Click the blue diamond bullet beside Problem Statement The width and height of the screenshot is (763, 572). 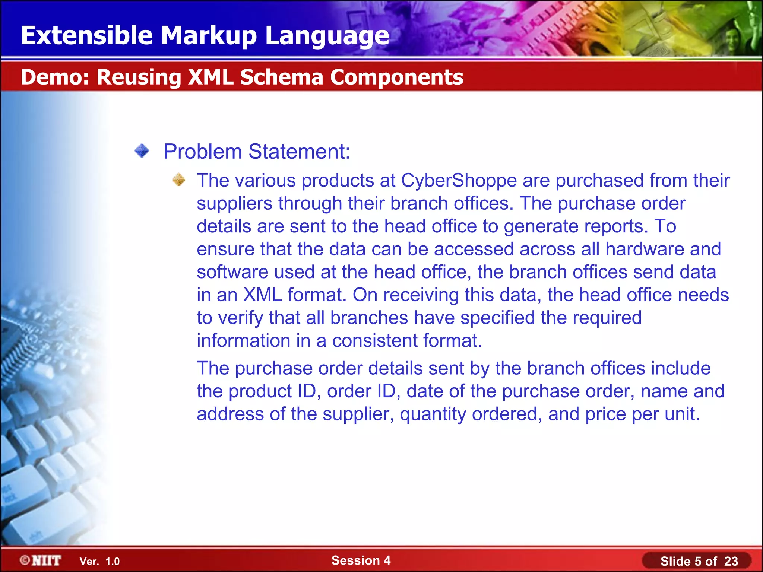tap(142, 151)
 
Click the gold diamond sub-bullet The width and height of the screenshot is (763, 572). tap(179, 180)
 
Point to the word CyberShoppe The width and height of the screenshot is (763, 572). tap(459, 181)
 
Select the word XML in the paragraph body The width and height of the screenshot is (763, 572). tap(262, 295)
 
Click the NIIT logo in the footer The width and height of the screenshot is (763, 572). tap(41, 560)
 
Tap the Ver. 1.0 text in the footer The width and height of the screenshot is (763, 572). tap(99, 561)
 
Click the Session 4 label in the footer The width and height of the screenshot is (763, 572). tap(361, 560)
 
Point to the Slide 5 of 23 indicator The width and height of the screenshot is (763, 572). tap(699, 561)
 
